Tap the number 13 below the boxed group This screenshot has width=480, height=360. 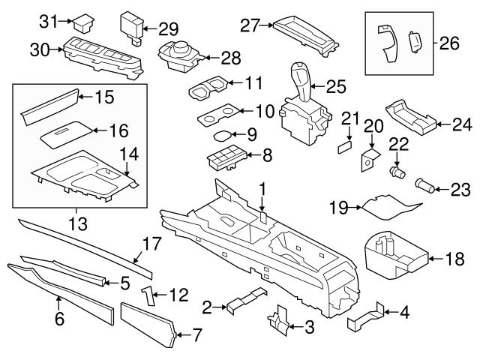coord(78,223)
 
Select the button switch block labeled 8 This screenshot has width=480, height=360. coord(226,157)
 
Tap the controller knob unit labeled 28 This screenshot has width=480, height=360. coord(180,57)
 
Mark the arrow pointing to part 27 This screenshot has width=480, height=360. coord(267,25)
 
